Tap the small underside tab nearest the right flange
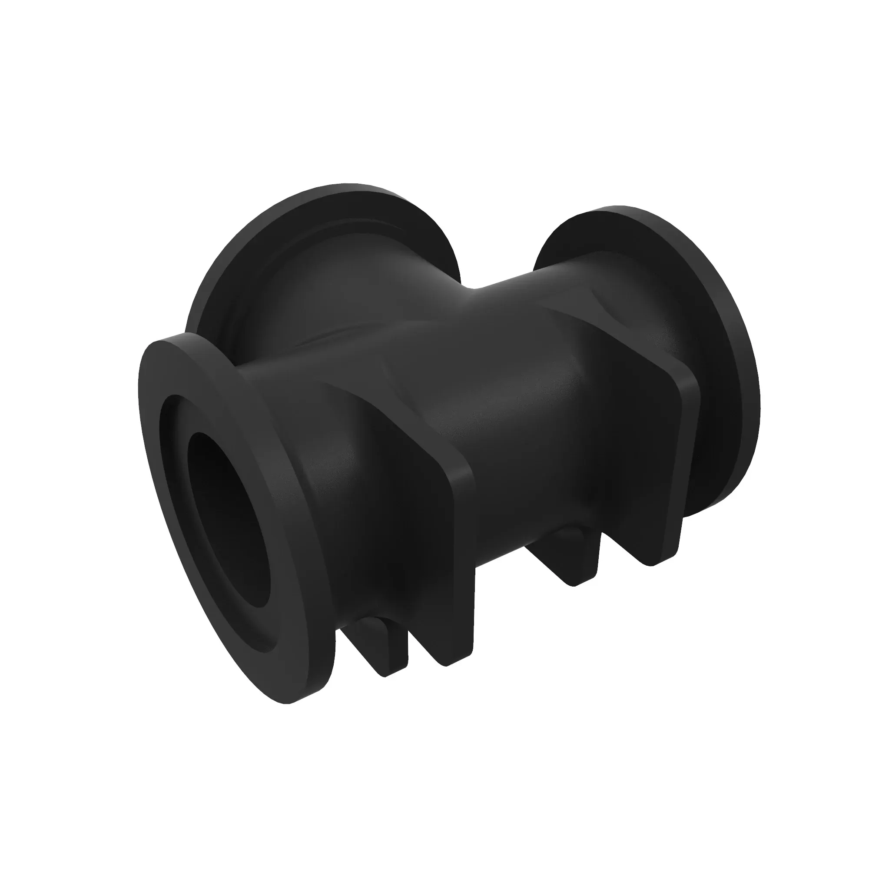(580, 562)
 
